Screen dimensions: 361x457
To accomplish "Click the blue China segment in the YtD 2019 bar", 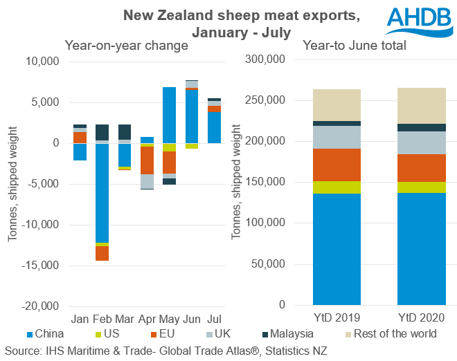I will [337, 249].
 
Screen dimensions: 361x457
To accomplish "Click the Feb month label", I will [102, 319].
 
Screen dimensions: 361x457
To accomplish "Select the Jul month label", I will [214, 319].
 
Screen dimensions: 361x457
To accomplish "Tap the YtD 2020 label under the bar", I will [422, 319].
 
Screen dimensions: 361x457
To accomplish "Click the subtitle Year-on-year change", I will [127, 46].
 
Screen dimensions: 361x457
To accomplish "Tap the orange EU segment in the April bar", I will [147, 160].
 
